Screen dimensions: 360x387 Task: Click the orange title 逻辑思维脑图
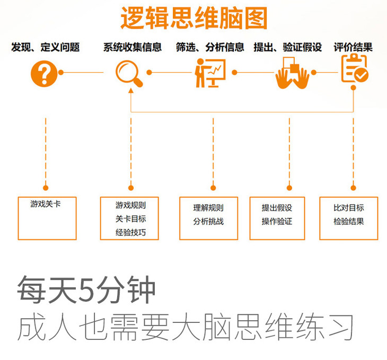(x=193, y=19)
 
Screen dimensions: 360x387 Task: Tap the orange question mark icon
(x=45, y=73)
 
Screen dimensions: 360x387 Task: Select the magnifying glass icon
(x=129, y=73)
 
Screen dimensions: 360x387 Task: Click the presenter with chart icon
(x=209, y=73)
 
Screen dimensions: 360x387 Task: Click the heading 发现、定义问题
(x=46, y=47)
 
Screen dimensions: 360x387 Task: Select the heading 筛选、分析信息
(x=210, y=47)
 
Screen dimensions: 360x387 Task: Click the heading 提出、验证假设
(x=288, y=47)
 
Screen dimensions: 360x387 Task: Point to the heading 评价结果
(x=353, y=47)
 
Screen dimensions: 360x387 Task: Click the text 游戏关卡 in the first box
(x=46, y=205)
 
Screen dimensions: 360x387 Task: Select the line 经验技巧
(x=130, y=232)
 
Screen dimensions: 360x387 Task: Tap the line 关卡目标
(x=130, y=218)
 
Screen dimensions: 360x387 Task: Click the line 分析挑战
(x=208, y=221)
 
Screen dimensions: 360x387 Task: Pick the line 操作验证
(x=277, y=221)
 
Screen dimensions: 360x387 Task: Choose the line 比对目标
(x=349, y=208)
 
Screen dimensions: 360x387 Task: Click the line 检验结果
(x=349, y=221)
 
